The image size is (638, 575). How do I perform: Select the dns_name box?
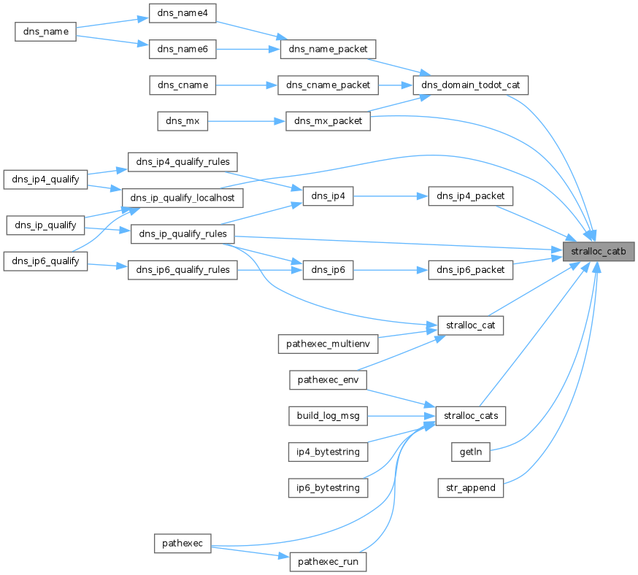point(46,31)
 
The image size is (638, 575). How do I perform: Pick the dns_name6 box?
point(182,49)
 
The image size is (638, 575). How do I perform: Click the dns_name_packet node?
point(328,49)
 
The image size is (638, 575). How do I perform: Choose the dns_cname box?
point(182,85)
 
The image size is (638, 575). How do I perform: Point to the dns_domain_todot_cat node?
point(470,85)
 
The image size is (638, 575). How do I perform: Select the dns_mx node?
point(182,121)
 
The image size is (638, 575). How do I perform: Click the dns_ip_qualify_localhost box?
point(182,198)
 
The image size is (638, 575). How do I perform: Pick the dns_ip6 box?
point(328,270)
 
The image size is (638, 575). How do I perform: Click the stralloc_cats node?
point(471,416)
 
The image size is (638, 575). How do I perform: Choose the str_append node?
point(471,487)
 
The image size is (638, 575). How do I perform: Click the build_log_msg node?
point(328,416)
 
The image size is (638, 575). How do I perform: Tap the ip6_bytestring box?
point(328,487)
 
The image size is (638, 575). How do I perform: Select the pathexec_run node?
point(328,562)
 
